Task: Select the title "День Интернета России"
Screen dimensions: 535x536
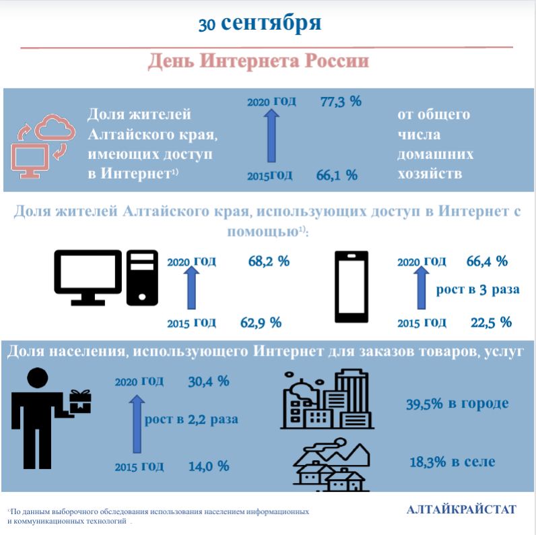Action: coord(259,61)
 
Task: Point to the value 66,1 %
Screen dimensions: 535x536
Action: coord(336,175)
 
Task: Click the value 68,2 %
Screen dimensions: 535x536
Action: coord(269,261)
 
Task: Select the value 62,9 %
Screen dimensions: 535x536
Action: coord(261,322)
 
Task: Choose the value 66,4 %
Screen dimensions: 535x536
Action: coord(487,261)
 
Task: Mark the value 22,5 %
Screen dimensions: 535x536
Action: coord(491,322)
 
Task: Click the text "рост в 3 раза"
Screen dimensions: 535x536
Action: coord(478,290)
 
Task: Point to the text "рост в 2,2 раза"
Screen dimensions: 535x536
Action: coord(191,418)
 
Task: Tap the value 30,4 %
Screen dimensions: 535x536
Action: coord(209,381)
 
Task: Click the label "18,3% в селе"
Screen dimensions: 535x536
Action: coord(452,462)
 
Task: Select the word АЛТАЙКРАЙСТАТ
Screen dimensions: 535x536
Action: coord(461,509)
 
